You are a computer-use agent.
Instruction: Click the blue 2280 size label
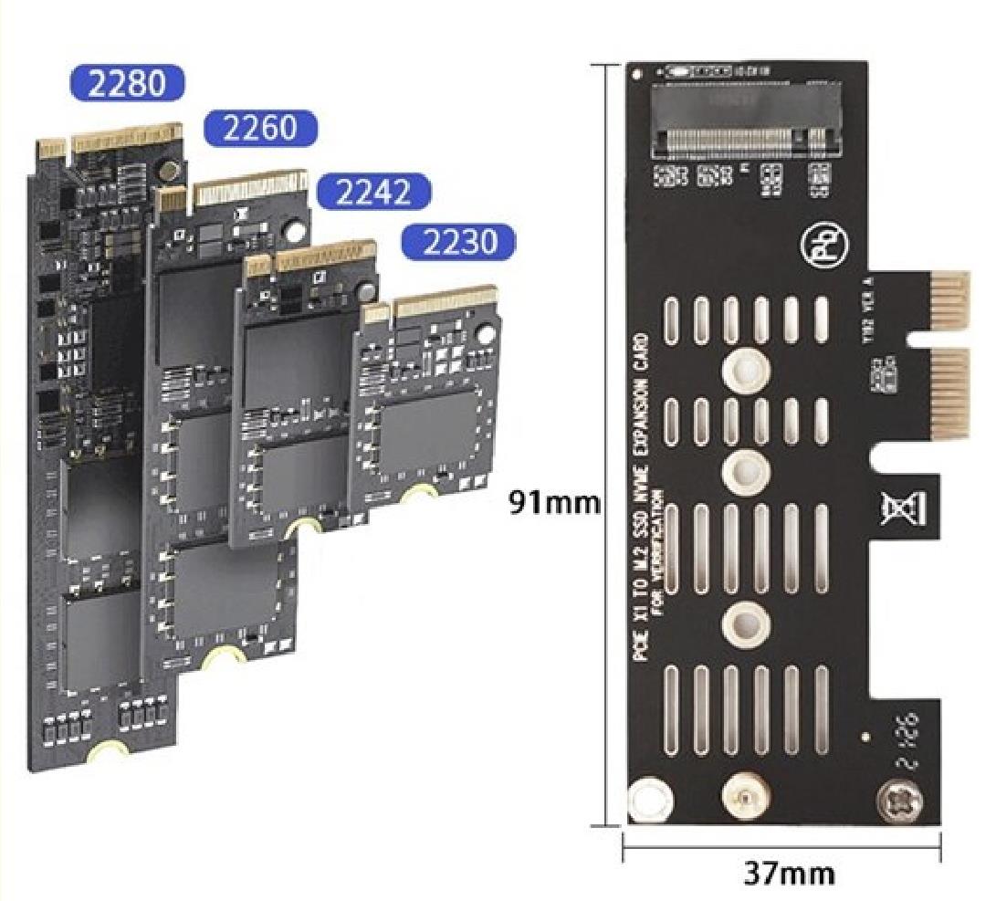click(x=127, y=84)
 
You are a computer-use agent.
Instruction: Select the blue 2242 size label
click(x=372, y=192)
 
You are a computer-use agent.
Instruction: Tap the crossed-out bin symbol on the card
click(x=894, y=508)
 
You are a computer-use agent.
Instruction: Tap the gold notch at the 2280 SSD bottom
click(x=107, y=751)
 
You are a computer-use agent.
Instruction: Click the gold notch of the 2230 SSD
click(x=420, y=493)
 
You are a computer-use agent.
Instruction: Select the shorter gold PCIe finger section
click(x=949, y=299)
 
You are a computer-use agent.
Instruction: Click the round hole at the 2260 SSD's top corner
click(x=293, y=231)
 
